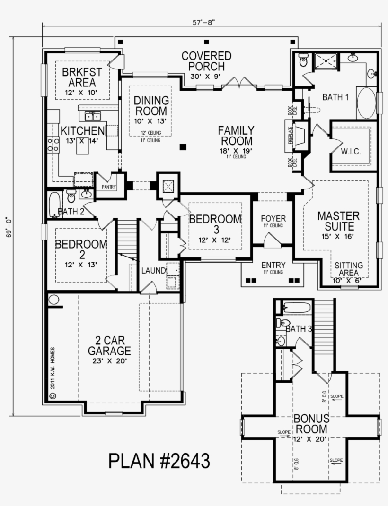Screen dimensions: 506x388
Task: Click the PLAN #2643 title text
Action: tap(159, 461)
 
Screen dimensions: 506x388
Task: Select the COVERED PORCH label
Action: tap(207, 61)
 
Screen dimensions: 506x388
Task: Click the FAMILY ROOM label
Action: tap(236, 135)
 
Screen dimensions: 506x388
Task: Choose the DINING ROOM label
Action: tap(150, 106)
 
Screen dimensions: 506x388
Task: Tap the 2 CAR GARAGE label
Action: tap(109, 346)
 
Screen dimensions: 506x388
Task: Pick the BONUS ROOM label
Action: tap(310, 424)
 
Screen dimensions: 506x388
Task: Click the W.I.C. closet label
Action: tap(351, 152)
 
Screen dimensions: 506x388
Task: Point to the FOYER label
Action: tap(273, 218)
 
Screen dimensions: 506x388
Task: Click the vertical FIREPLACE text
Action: tap(290, 136)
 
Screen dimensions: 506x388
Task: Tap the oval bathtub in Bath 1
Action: tap(365, 103)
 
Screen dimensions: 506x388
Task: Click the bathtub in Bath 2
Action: tap(54, 204)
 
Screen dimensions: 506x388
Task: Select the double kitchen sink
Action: tap(92, 116)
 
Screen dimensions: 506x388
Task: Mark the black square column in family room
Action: tap(183, 147)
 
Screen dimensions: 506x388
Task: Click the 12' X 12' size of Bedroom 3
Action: tap(215, 240)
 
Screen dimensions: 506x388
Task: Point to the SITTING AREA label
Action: tap(349, 269)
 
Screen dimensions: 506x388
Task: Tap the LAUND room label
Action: tap(153, 271)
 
